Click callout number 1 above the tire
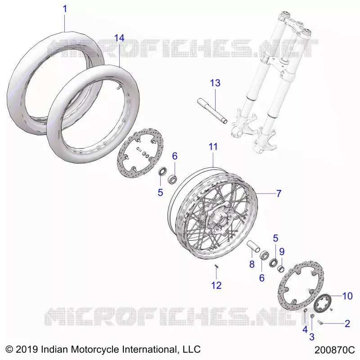(65, 9)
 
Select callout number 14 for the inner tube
(119, 38)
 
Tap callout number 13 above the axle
(215, 83)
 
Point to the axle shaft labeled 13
(212, 111)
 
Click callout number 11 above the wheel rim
(213, 147)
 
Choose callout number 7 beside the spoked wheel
(279, 193)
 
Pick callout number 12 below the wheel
(216, 285)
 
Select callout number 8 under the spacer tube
(252, 264)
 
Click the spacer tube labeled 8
(253, 247)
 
